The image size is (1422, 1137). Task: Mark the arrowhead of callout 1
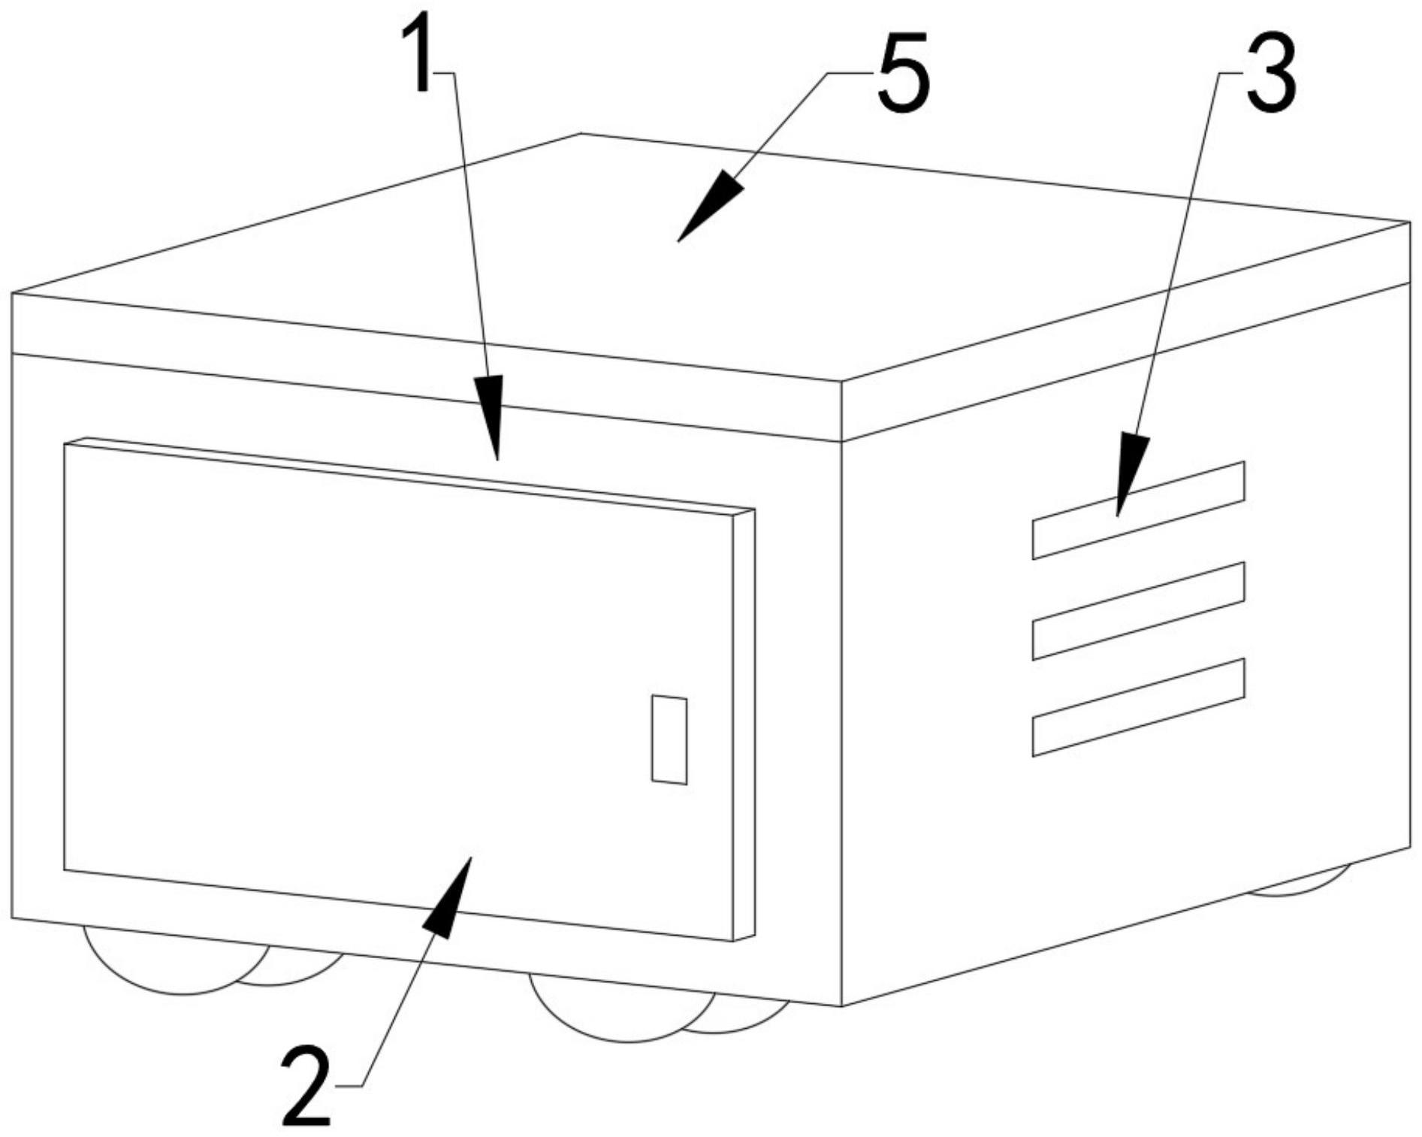(x=490, y=417)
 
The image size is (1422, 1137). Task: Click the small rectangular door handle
(x=669, y=739)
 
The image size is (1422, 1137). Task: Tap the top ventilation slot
(x=1139, y=510)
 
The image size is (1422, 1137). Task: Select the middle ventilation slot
(x=1139, y=611)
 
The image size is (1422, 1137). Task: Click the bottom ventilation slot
(x=1139, y=707)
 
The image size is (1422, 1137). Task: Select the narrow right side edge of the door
(x=744, y=725)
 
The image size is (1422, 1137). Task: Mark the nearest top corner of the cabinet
(x=842, y=381)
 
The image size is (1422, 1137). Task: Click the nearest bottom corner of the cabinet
(x=842, y=1005)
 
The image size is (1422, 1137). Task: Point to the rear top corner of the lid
(x=581, y=134)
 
